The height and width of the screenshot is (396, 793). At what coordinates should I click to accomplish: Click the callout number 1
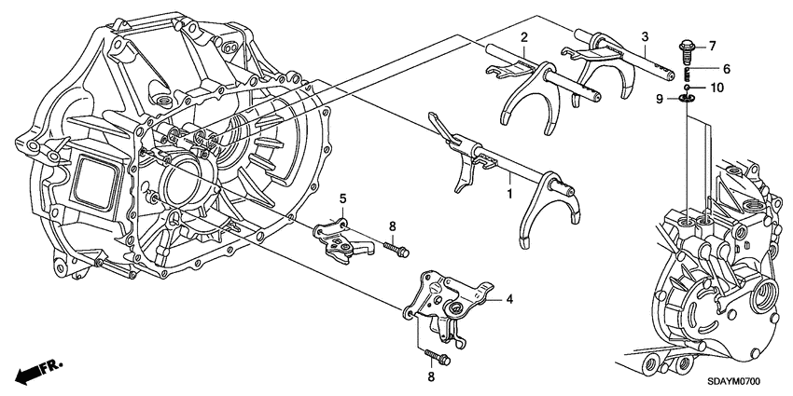coord(509,193)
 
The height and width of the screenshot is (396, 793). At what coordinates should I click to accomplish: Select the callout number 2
coord(524,36)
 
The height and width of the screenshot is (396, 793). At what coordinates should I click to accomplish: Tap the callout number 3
coord(645,36)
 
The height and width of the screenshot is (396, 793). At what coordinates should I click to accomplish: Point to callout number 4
coord(509,299)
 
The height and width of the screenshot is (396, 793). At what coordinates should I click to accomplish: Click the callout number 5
coord(341,198)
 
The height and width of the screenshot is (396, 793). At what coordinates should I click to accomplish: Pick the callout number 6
coord(712,68)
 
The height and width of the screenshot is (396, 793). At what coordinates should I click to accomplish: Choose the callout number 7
coord(712,47)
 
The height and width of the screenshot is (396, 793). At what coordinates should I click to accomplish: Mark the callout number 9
coord(660,99)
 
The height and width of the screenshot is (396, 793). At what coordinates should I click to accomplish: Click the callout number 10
coord(716,88)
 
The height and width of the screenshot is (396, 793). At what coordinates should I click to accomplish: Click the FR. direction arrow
coord(38,370)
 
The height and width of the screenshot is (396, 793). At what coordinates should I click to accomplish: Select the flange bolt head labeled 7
coord(687,49)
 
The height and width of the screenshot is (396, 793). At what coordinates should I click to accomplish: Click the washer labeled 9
coord(687,98)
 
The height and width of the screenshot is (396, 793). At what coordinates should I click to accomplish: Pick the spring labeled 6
coord(688,73)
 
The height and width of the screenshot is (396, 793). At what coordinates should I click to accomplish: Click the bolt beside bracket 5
coord(396,249)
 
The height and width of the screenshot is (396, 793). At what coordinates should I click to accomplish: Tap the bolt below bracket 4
coord(438,358)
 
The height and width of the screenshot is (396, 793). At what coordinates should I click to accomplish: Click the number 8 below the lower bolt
coord(431,376)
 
